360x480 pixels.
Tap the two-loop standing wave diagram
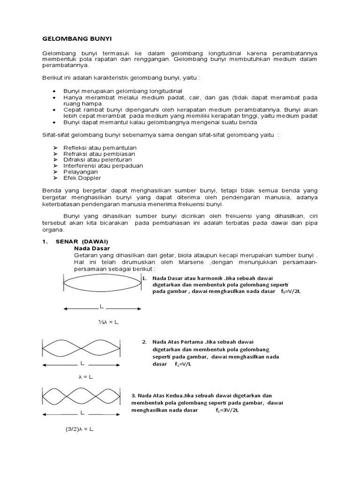tap(82, 347)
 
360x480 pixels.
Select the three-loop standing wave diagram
tap(82, 396)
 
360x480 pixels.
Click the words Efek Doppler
tap(82, 178)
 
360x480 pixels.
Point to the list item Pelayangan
tap(81, 172)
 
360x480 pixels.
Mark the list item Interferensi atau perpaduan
tap(103, 166)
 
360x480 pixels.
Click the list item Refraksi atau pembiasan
tap(99, 154)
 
